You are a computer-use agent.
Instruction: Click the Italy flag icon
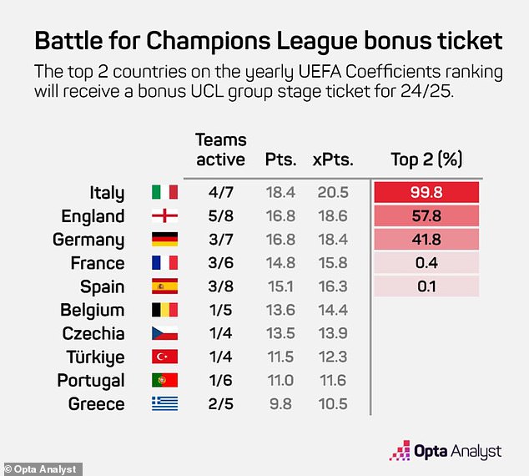(164, 193)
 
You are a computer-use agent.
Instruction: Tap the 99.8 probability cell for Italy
(427, 193)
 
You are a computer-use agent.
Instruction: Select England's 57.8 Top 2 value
(427, 216)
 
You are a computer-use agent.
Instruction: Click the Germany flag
(164, 240)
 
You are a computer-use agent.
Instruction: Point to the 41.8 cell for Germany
(427, 240)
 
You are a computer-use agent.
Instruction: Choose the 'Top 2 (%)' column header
(426, 159)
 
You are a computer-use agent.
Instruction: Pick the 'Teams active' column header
(220, 149)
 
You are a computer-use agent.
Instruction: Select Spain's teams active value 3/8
(219, 286)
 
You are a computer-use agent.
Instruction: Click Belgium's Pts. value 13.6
(280, 310)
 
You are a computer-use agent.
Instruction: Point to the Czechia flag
(164, 333)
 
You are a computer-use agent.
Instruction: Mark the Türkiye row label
(95, 357)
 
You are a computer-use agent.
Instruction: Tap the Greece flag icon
(164, 403)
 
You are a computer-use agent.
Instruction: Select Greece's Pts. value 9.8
(280, 403)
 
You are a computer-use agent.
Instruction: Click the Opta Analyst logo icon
(400, 451)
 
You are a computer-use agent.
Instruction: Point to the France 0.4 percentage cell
(427, 263)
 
